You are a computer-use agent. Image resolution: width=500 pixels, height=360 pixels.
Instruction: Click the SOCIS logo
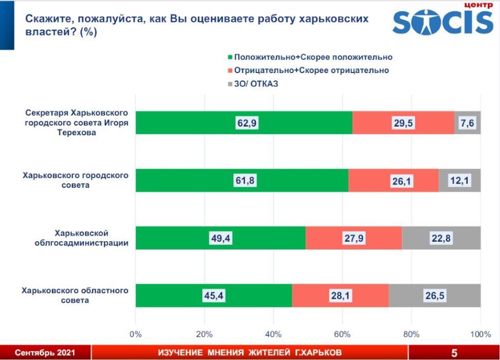tap(442, 21)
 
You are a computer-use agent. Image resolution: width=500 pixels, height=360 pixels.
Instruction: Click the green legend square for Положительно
tap(230, 57)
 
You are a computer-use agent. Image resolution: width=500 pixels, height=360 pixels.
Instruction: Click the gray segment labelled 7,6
tap(467, 123)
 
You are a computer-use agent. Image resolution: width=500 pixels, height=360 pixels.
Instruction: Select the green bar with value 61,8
tap(242, 180)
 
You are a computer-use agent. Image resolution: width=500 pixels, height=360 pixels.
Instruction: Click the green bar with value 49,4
tap(220, 238)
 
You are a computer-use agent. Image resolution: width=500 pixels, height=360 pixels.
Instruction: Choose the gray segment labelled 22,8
tap(441, 238)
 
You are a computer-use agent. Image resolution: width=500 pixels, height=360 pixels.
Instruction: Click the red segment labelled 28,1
tap(340, 295)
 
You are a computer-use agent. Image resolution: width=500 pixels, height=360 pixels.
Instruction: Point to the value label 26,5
tap(435, 295)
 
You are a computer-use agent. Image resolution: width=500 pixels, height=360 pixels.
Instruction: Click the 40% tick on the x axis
tap(274, 334)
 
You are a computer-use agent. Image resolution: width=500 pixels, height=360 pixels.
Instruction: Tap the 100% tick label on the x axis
tap(480, 334)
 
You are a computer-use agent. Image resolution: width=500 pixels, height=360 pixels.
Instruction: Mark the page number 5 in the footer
tap(454, 353)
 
